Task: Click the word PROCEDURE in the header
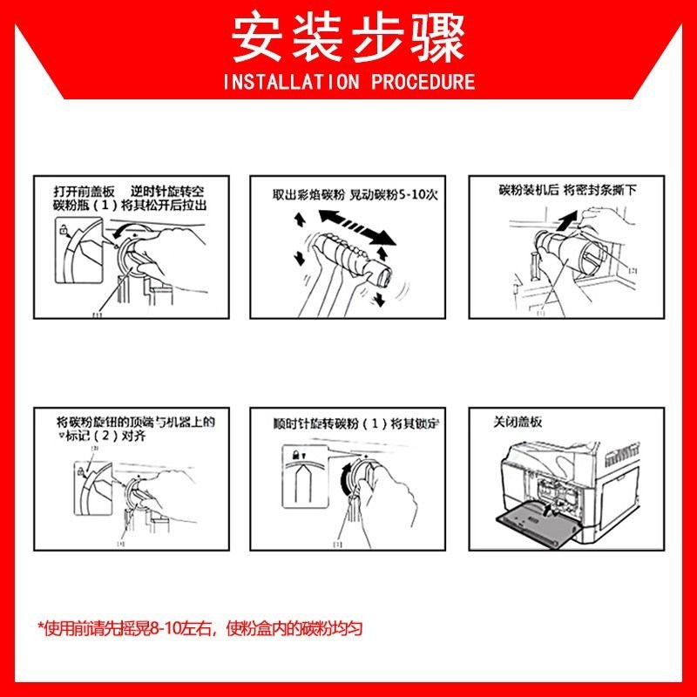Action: pos(423,83)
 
